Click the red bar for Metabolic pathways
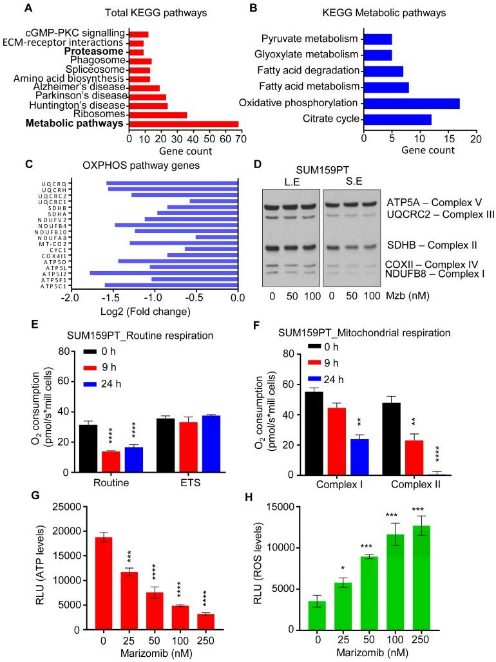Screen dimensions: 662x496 184,124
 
